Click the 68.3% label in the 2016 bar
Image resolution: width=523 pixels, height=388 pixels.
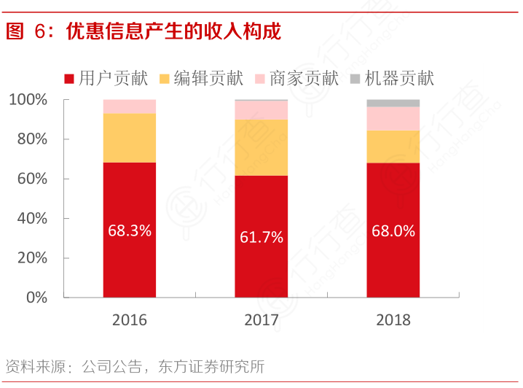130,231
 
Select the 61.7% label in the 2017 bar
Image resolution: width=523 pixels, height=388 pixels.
261,236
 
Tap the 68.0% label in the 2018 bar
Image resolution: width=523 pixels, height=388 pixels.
393,231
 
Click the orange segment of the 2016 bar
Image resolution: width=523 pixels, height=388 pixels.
130,138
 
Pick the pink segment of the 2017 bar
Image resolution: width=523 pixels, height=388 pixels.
261,110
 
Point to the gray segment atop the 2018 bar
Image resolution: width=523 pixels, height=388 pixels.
393,104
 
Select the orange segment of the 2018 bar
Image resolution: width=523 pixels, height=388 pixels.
393,147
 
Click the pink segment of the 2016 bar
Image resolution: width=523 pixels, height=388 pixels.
130,106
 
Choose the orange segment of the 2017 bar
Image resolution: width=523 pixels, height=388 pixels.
261,147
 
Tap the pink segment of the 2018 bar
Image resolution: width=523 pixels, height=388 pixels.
393,119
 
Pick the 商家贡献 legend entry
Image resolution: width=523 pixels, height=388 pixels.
295,78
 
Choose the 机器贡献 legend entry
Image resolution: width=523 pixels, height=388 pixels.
390,78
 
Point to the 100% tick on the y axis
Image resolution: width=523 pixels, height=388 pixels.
29,99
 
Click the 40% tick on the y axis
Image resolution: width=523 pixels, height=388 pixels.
32,218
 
